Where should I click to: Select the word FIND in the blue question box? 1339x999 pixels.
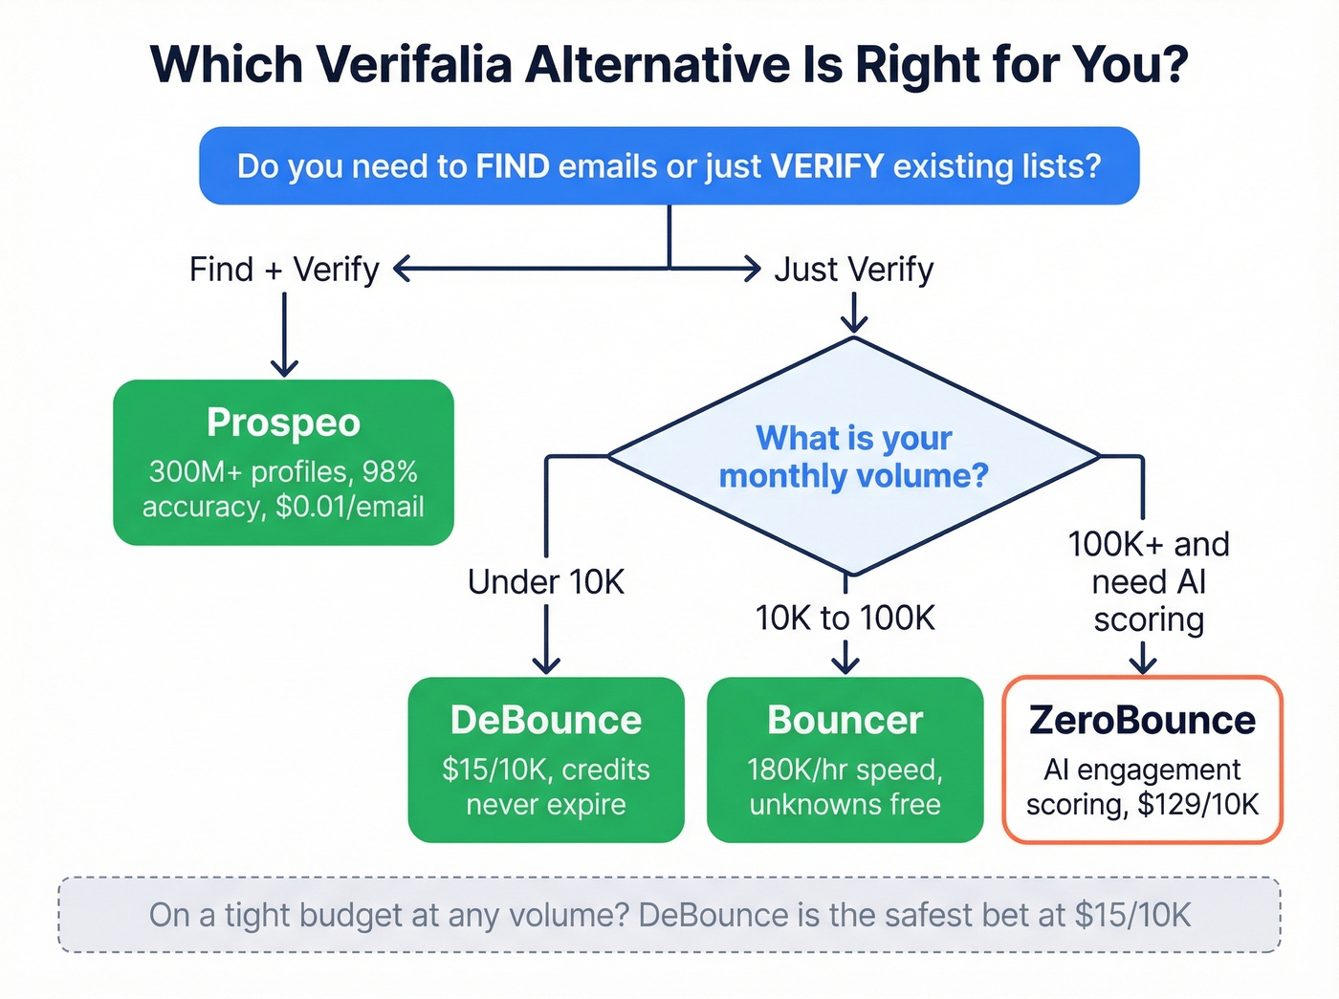(513, 166)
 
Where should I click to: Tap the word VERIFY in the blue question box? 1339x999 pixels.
(827, 166)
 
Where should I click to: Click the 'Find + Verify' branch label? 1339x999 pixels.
(284, 270)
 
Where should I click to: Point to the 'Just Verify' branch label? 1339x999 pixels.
(853, 270)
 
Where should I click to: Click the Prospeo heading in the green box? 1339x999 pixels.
(283, 423)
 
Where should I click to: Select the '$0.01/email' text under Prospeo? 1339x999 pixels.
(349, 507)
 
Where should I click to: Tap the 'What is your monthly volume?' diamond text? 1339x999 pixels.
(853, 457)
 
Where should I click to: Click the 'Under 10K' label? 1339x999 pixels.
(545, 581)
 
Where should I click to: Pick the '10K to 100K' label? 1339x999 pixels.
(845, 618)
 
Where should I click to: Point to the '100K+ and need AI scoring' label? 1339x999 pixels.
(1148, 581)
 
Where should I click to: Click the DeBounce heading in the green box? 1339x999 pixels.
(545, 720)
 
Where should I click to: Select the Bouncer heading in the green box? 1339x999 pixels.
(845, 720)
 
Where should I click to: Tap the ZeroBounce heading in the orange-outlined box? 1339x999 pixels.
(1142, 720)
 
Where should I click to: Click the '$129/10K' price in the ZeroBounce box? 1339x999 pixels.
(1197, 805)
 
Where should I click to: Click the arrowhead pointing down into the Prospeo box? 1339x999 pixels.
(284, 368)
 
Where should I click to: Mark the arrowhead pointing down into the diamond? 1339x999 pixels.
(853, 325)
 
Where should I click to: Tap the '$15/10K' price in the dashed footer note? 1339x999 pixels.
(1132, 915)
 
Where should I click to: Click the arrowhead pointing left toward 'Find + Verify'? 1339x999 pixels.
(402, 270)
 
